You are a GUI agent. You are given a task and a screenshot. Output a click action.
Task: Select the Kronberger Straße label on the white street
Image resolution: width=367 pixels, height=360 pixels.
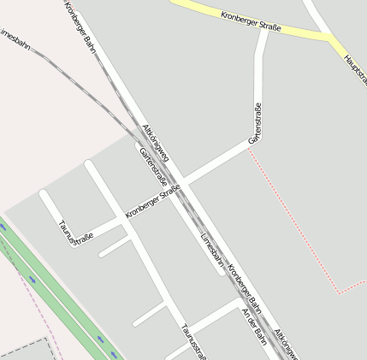click(x=153, y=201)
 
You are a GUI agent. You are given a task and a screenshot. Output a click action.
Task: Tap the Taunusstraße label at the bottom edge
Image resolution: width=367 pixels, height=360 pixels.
click(x=193, y=341)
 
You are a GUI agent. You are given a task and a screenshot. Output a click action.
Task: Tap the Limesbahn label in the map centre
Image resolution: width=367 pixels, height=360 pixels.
click(x=212, y=249)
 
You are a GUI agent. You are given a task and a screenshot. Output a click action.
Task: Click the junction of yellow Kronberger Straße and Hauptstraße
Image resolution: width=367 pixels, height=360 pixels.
click(x=330, y=38)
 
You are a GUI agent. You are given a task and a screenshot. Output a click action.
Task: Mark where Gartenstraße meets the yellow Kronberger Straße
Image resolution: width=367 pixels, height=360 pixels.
click(x=263, y=29)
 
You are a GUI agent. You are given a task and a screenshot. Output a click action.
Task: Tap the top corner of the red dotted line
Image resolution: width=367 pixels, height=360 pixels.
click(x=249, y=147)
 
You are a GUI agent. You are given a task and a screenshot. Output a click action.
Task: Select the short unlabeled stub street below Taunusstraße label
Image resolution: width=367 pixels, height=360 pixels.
click(x=114, y=247)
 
